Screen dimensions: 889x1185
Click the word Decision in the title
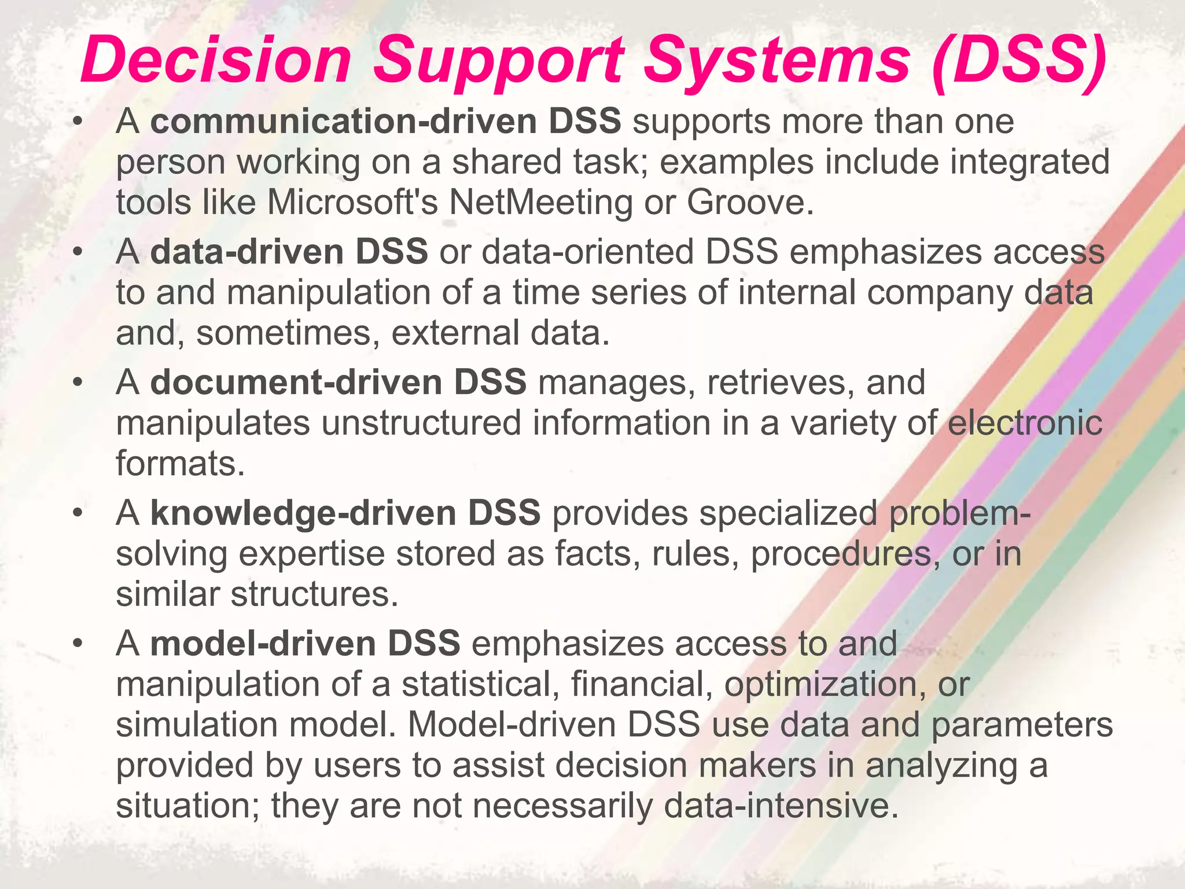point(216,60)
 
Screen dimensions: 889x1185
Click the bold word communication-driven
point(344,122)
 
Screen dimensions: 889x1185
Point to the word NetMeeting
point(541,202)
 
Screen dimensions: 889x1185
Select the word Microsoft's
point(352,202)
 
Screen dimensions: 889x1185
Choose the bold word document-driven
point(296,383)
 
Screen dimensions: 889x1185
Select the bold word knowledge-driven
point(303,513)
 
